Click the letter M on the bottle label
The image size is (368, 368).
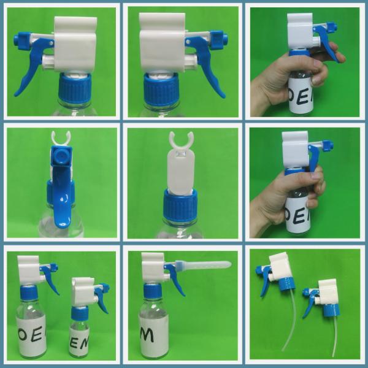(x=147, y=335)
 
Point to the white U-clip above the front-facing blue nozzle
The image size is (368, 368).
(x=59, y=137)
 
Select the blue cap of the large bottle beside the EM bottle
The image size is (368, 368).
(x=29, y=293)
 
